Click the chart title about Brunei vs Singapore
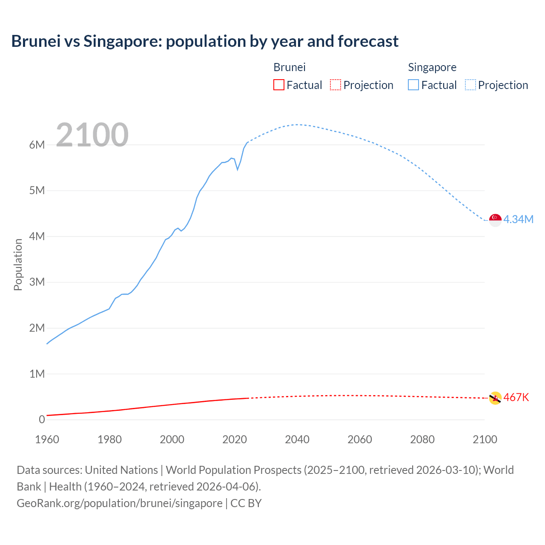205,41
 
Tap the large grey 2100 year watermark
92,135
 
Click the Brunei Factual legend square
278,85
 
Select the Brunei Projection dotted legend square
336,85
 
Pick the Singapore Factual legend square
413,85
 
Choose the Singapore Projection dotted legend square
470,85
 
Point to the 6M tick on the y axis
37,145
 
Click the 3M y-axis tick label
37,282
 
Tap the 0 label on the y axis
42,419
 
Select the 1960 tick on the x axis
47,439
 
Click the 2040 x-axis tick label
297,439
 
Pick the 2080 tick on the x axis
422,439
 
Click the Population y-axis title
18,264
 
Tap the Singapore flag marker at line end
495,220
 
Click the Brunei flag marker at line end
495,398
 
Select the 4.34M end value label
518,219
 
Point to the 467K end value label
516,397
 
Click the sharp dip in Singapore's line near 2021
238,169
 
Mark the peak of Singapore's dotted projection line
297,125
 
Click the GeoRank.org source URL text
119,503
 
